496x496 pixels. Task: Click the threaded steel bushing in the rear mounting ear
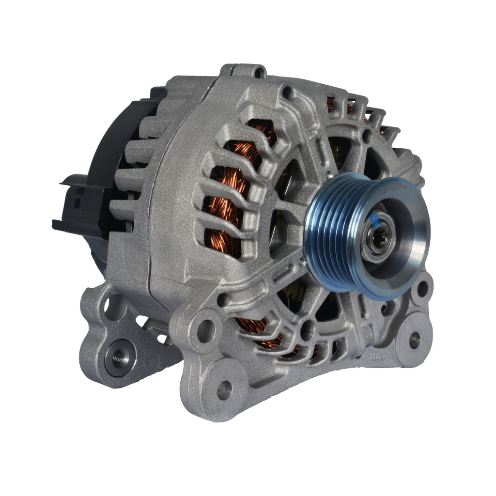(x=118, y=357)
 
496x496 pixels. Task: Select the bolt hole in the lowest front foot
(x=224, y=389)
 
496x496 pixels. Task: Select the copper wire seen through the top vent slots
(x=339, y=104)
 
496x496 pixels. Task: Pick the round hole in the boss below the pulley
(x=307, y=330)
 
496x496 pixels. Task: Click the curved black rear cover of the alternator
(x=104, y=160)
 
